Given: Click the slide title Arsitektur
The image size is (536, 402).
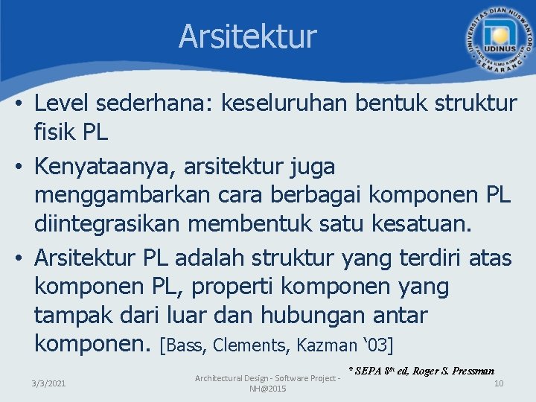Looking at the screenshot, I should click(247, 36).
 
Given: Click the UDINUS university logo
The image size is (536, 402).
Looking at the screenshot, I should click(498, 39).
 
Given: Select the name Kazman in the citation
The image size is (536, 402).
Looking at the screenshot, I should click(326, 345).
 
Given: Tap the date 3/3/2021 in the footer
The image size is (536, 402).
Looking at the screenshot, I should click(48, 383).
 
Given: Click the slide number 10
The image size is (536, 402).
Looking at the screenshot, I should click(499, 383).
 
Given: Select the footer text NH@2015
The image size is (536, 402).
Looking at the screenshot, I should click(267, 389).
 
